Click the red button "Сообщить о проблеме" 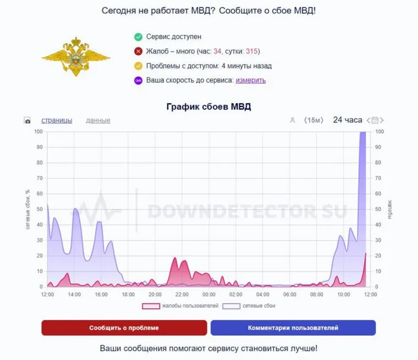[x=124, y=328]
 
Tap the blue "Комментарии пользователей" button [x=293, y=328]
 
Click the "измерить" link [x=251, y=80]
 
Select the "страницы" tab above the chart [x=57, y=120]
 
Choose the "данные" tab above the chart [x=98, y=120]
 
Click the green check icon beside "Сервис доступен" [x=138, y=37]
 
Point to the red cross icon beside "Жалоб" [x=138, y=52]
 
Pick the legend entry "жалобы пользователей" [x=180, y=306]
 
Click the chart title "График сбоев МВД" [x=208, y=107]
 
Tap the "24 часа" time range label [x=348, y=120]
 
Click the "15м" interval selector [x=315, y=120]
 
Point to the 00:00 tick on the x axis [x=209, y=295]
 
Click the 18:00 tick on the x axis [x=128, y=295]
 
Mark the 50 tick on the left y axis [x=38, y=209]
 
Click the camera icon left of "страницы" [x=28, y=120]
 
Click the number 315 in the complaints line [x=252, y=52]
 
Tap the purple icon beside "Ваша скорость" [x=138, y=80]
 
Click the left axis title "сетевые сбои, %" [x=27, y=209]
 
